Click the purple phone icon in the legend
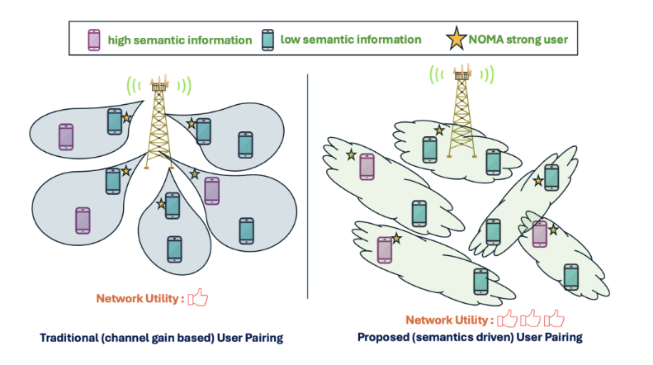click(x=94, y=39)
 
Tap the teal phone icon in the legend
click(x=267, y=39)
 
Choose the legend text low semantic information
click(x=350, y=39)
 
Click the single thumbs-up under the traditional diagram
click(x=198, y=298)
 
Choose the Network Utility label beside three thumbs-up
click(x=449, y=320)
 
